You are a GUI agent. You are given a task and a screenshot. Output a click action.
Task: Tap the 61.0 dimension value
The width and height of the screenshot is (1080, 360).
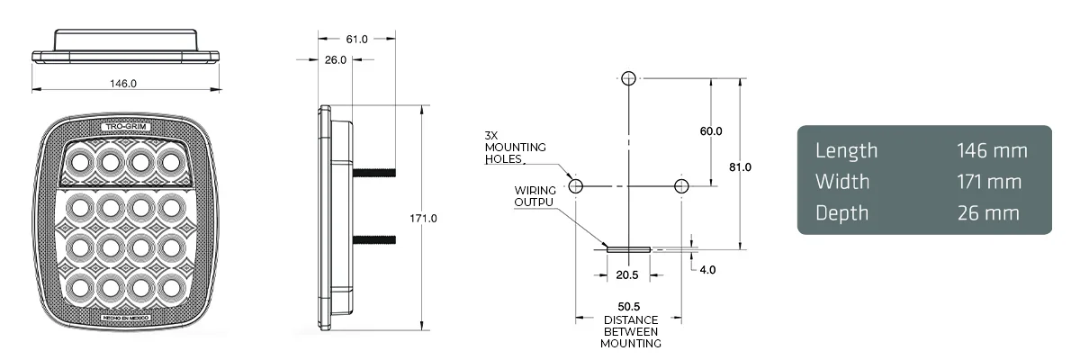(x=356, y=39)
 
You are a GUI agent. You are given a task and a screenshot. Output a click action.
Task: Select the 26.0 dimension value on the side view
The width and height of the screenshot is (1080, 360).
(x=335, y=60)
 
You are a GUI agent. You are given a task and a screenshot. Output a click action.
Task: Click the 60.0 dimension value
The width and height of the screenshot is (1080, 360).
(x=711, y=131)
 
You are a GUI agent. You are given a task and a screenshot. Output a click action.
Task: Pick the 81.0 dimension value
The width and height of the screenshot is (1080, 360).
(x=740, y=167)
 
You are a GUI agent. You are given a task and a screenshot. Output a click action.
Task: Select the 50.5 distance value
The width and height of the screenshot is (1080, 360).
(x=629, y=307)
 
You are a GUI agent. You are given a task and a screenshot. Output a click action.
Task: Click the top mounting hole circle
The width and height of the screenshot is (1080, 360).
(x=629, y=78)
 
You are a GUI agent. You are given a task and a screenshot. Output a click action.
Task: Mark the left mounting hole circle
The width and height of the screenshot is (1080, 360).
(x=576, y=186)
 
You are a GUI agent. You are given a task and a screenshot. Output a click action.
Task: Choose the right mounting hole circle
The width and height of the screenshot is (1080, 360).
(x=682, y=186)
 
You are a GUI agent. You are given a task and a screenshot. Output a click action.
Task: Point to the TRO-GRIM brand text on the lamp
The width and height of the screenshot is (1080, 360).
(x=126, y=127)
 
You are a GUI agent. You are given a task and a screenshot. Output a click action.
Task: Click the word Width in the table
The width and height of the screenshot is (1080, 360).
(x=842, y=182)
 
